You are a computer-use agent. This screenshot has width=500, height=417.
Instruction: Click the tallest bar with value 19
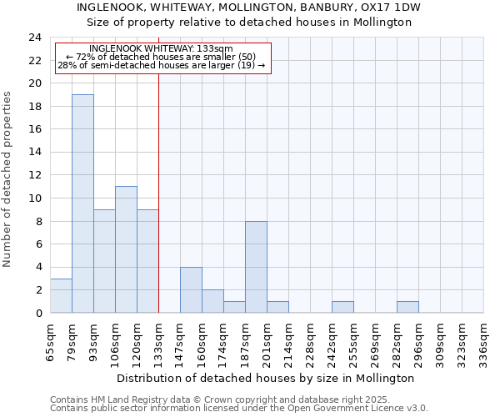click(x=82, y=203)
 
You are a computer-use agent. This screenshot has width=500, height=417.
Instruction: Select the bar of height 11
click(x=126, y=249)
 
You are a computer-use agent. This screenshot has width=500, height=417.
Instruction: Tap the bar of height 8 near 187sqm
click(x=256, y=267)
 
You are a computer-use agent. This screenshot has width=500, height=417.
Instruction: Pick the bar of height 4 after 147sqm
click(x=191, y=289)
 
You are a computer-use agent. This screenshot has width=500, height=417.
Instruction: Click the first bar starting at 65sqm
click(x=61, y=295)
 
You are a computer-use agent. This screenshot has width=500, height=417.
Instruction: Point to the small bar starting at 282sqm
click(x=407, y=307)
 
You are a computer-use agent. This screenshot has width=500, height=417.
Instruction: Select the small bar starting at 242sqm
click(x=342, y=307)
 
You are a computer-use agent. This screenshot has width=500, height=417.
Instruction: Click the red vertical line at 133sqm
click(x=158, y=192)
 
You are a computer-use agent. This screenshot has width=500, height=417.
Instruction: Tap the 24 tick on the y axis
click(x=34, y=38)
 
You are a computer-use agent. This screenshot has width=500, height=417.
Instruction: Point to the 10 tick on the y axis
click(x=34, y=198)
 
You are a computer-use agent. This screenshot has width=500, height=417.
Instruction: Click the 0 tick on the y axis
click(x=37, y=313)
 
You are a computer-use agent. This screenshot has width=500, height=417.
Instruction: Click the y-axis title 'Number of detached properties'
click(x=7, y=179)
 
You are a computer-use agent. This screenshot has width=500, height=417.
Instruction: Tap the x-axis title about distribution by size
click(x=265, y=378)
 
